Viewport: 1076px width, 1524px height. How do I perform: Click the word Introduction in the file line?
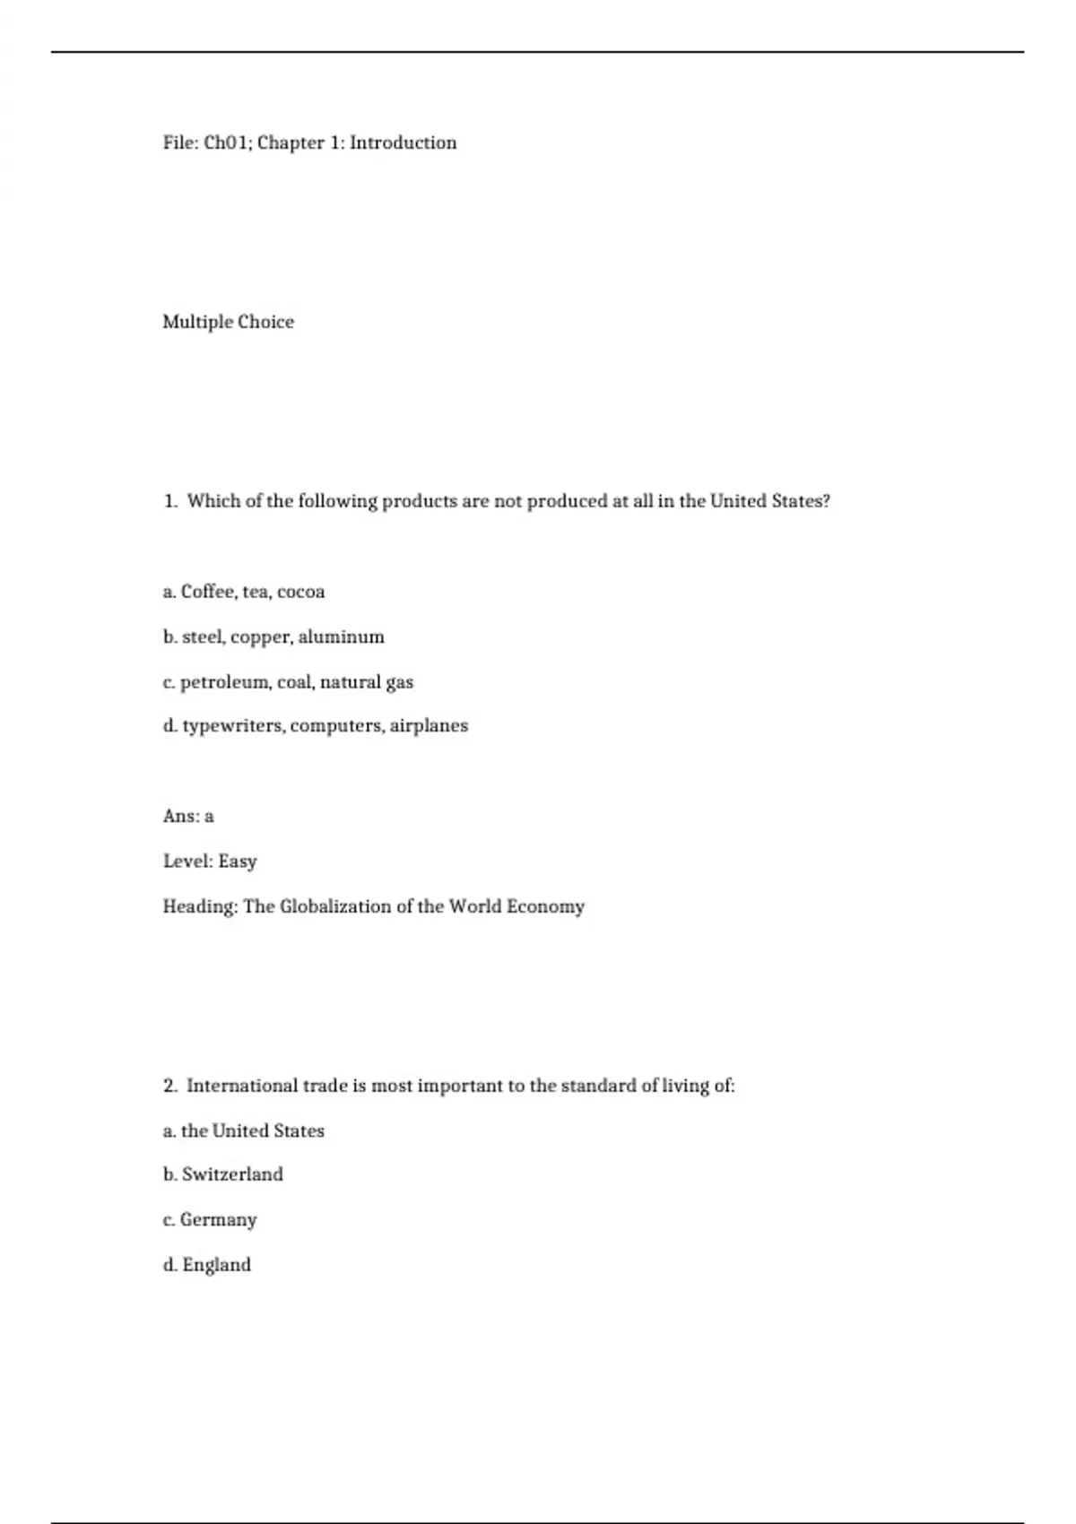pos(403,143)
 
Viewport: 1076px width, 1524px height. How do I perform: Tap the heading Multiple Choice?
pos(228,322)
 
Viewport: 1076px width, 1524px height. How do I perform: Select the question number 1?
pos(169,501)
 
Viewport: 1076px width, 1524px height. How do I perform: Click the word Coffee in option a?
pos(208,592)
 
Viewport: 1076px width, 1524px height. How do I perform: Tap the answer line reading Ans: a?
pos(188,816)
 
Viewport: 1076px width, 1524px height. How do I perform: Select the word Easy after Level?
pos(238,862)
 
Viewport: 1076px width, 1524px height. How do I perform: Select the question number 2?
pos(169,1086)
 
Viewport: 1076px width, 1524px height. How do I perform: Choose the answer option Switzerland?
pos(232,1174)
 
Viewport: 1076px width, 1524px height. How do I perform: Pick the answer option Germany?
pos(218,1220)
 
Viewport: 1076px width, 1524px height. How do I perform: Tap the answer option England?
pos(216,1265)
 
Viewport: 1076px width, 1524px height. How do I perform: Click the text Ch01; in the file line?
pos(228,143)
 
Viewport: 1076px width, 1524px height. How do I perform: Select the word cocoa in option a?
pos(300,592)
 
